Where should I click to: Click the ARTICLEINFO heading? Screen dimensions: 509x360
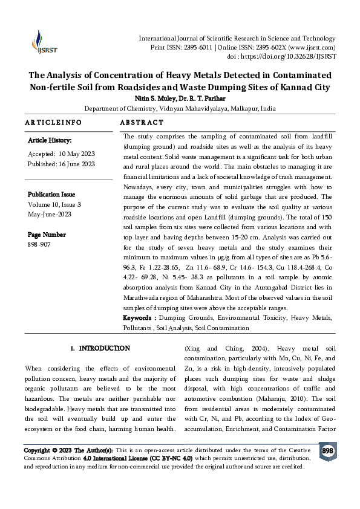53,123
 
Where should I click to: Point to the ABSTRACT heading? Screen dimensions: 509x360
142,123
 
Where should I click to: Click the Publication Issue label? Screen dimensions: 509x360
51,195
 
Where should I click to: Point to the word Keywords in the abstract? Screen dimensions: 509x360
139,318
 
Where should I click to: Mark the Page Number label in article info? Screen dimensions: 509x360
47,235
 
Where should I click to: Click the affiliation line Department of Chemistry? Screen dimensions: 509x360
180,109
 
